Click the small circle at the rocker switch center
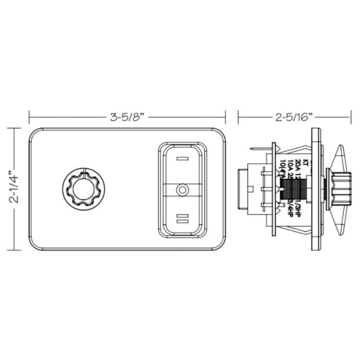pos(182,190)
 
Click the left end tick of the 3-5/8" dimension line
pos(29,117)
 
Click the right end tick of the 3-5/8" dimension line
pos(226,117)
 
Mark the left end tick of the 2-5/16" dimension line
pos(239,117)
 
